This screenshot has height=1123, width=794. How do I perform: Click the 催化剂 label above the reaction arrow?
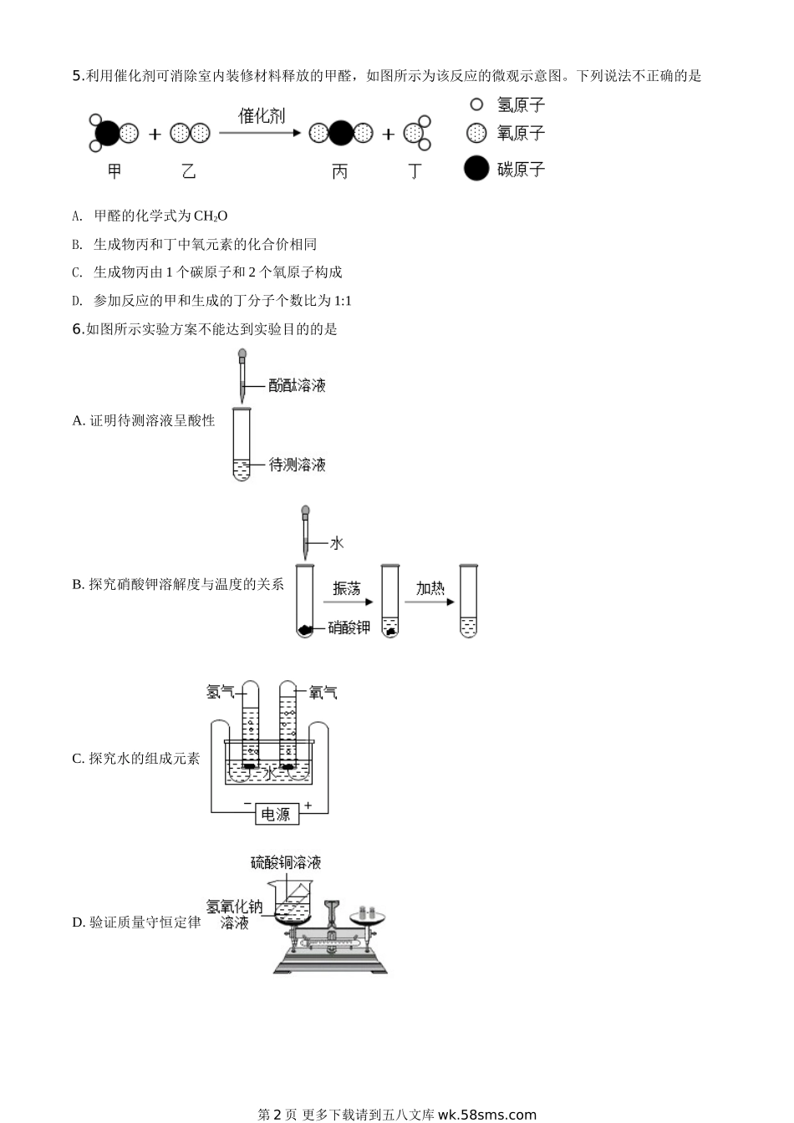[262, 116]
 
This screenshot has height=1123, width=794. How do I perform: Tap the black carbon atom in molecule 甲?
[107, 134]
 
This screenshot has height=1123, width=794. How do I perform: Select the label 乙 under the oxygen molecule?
[189, 171]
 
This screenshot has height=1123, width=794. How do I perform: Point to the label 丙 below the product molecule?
[339, 171]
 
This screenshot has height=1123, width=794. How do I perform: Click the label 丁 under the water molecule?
[415, 171]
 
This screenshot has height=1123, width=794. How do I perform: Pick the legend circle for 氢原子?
[476, 104]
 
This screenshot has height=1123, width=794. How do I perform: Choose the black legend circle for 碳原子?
[476, 168]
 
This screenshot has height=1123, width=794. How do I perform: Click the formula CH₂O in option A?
[210, 216]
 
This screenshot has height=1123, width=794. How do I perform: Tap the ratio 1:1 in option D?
[343, 301]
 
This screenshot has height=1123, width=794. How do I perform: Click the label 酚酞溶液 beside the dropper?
[297, 385]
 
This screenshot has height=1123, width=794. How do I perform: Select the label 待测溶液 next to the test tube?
[297, 465]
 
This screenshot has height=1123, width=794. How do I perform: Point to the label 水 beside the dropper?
[337, 543]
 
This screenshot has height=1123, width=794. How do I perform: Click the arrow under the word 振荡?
[348, 602]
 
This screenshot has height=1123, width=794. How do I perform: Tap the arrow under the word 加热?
[430, 602]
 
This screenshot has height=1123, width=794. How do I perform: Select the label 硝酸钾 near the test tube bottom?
[349, 628]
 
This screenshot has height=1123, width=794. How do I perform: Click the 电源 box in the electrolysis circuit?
[277, 814]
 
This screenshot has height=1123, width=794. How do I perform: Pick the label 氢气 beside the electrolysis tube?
[220, 693]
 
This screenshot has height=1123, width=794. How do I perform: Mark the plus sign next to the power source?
[308, 805]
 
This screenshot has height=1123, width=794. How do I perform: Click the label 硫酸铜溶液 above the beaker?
[285, 862]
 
